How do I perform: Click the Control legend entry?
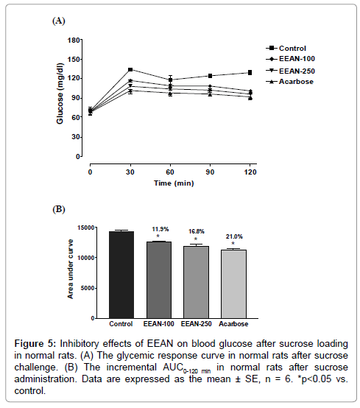[286, 48]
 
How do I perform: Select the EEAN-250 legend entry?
[290, 71]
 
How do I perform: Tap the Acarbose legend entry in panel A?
[289, 82]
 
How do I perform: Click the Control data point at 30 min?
[130, 69]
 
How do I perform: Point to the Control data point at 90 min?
[210, 76]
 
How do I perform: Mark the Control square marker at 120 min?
[250, 73]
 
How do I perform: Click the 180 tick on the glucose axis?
[74, 40]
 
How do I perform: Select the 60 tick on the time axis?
[170, 172]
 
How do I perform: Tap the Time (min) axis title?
[174, 183]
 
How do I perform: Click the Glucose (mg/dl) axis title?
[60, 94]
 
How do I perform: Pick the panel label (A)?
[58, 21]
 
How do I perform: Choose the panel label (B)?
[58, 209]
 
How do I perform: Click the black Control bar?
[121, 275]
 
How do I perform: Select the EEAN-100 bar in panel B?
[159, 280]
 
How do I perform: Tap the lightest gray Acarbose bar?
[234, 284]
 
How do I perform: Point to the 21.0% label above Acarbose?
[234, 236]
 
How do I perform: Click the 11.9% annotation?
[160, 229]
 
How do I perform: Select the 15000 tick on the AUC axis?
[86, 228]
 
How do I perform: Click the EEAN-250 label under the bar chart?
[196, 324]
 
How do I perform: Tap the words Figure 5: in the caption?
[35, 344]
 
